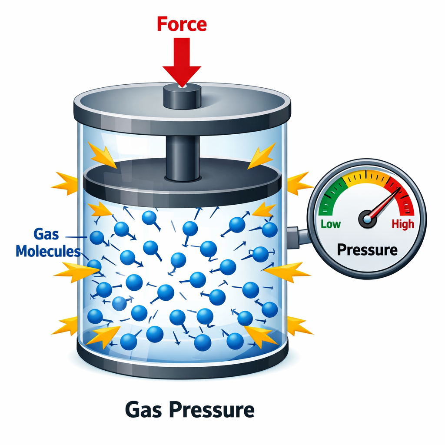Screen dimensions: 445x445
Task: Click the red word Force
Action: click(182, 24)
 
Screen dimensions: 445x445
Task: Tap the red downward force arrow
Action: click(182, 61)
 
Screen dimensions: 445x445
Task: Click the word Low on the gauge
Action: click(331, 224)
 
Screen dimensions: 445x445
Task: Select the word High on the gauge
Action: click(403, 224)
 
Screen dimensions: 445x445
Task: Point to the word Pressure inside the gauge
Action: click(367, 250)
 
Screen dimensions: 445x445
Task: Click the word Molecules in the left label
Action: click(48, 251)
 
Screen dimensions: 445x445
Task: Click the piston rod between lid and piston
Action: click(182, 154)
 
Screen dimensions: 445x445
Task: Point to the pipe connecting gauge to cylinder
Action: click(299, 235)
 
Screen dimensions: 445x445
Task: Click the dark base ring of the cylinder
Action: click(182, 365)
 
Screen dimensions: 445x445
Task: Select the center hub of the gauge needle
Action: click(367, 219)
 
